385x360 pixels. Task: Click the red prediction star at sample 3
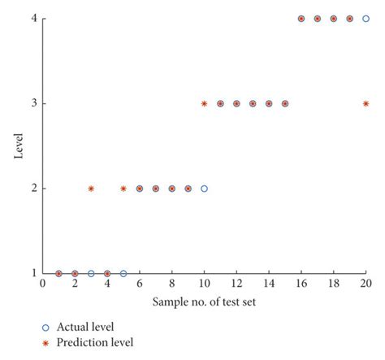[x=91, y=189]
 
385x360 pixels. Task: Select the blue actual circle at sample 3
[x=91, y=274]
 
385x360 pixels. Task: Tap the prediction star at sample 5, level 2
[x=123, y=189]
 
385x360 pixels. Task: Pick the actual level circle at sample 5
[x=123, y=274]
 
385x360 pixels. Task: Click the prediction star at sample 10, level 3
[x=204, y=103]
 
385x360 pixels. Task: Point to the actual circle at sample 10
[x=204, y=189]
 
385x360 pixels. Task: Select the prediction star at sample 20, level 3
[x=366, y=103]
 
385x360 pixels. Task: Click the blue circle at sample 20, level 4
[x=366, y=19]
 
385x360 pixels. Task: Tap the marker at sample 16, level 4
[x=301, y=19]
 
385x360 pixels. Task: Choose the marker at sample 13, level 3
[x=253, y=103]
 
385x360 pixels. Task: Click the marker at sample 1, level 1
[x=58, y=274]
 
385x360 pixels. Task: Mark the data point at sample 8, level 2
[x=172, y=189]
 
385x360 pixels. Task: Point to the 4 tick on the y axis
[x=33, y=19]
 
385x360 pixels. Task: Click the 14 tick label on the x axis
[x=269, y=285]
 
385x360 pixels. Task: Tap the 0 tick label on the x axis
[x=42, y=285]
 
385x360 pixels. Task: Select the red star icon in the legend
[x=46, y=343]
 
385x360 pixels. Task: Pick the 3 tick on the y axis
[x=33, y=103]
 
